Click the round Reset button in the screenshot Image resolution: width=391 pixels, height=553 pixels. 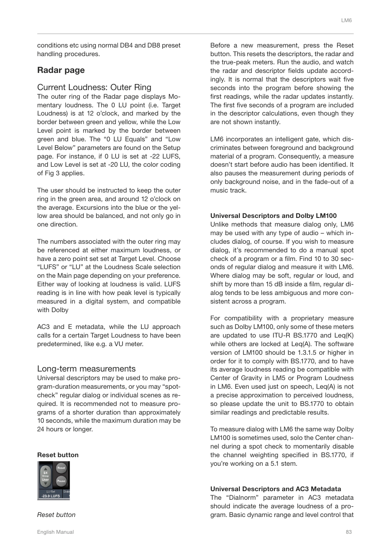[61, 468]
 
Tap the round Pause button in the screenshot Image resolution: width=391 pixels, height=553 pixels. [61, 481]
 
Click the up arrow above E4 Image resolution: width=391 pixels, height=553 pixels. [45, 468]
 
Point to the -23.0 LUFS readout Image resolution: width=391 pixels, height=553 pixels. [50, 496]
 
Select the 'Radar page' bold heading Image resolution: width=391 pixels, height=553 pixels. [61, 70]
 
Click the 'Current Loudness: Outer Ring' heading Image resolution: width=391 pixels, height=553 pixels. [94, 87]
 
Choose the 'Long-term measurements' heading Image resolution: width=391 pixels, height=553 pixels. [86, 369]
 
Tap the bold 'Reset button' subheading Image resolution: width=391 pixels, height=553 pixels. [58, 455]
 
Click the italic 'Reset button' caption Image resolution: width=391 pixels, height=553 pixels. [56, 515]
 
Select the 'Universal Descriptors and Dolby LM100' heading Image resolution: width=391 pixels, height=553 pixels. [273, 215]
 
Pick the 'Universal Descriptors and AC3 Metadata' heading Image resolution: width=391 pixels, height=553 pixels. [275, 489]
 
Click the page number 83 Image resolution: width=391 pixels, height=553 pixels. [349, 532]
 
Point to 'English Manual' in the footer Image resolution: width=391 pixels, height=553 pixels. [55, 532]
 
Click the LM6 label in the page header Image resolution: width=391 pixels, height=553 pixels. [346, 20]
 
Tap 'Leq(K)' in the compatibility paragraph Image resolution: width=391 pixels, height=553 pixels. [343, 335]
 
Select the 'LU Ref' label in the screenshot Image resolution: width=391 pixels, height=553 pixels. [50, 491]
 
